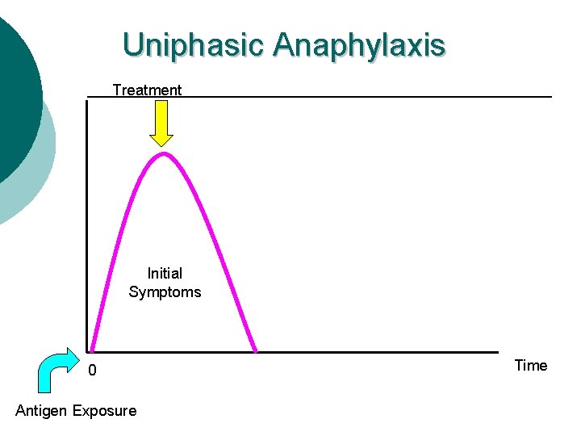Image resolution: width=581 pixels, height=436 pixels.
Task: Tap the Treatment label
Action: point(147,90)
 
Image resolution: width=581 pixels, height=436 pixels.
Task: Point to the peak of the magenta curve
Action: point(164,153)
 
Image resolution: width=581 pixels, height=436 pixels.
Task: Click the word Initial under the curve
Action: point(165,274)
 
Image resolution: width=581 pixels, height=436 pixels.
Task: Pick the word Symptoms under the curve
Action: point(165,292)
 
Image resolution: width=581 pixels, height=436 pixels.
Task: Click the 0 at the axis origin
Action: point(92,371)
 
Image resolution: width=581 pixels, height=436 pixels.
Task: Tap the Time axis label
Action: point(530,366)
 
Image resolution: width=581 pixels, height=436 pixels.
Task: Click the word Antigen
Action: point(42,411)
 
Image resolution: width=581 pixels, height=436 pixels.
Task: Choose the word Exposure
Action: point(105,411)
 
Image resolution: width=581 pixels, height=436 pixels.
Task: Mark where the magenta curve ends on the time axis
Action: point(256,351)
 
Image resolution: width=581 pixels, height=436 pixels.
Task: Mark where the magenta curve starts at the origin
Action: point(91,351)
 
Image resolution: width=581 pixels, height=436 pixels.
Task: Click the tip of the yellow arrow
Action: point(163,146)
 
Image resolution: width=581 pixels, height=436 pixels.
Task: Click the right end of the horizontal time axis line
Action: point(498,352)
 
